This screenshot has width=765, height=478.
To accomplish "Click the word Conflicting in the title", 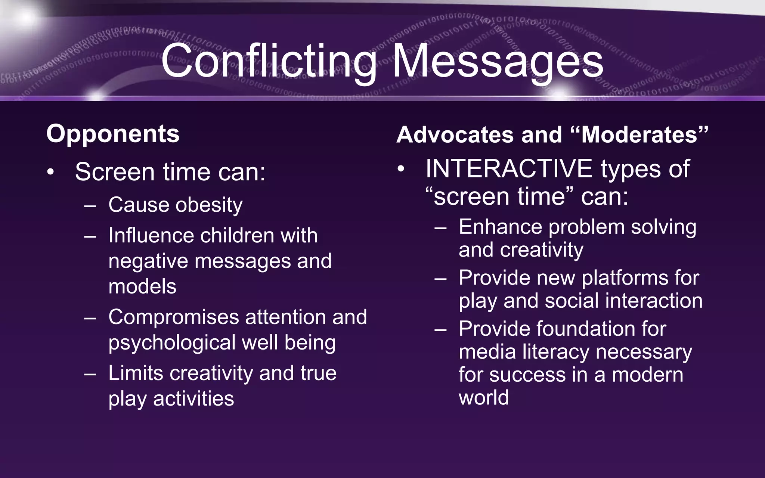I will tap(268, 62).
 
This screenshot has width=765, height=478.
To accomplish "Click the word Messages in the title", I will tap(498, 62).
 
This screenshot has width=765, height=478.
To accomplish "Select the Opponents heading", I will tap(113, 134).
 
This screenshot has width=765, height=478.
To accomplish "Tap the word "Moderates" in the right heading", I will tap(639, 134).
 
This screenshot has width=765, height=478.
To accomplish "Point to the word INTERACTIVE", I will tap(508, 169).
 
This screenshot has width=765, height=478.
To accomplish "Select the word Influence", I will tap(151, 236).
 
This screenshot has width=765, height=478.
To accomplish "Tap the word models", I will tap(142, 287).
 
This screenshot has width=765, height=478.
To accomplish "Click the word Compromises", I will tap(173, 317).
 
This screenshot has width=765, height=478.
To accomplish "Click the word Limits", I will tap(136, 373).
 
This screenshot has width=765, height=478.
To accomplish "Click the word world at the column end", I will tap(483, 398).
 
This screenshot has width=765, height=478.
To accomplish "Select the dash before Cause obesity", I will tap(90, 206).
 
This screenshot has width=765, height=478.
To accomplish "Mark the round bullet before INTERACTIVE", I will tap(401, 169).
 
